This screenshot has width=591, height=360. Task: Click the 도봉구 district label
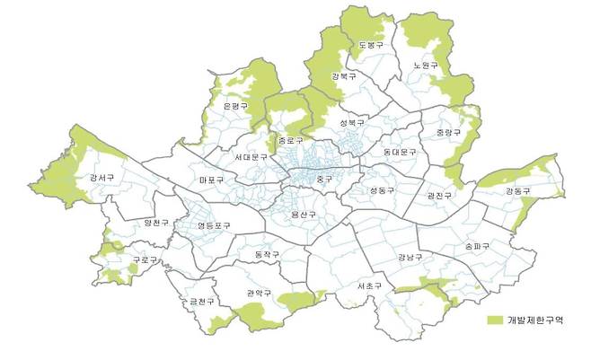370,45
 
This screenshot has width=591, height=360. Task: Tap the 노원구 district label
425,66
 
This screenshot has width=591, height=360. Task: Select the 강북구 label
343,78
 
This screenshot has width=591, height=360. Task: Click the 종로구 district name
291,141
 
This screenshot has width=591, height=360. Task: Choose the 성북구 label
351,122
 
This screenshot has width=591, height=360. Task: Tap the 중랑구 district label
447,133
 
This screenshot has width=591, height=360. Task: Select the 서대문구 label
251,158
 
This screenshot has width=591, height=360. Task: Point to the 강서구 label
101,178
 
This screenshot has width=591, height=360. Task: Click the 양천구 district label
155,223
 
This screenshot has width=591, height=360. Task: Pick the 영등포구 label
215,225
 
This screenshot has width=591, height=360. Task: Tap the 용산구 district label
304,214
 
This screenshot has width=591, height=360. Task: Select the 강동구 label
517,191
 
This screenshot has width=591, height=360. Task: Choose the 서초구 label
369,285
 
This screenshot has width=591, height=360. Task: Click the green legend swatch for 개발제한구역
495,320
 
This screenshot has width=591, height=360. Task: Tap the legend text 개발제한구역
535,320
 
